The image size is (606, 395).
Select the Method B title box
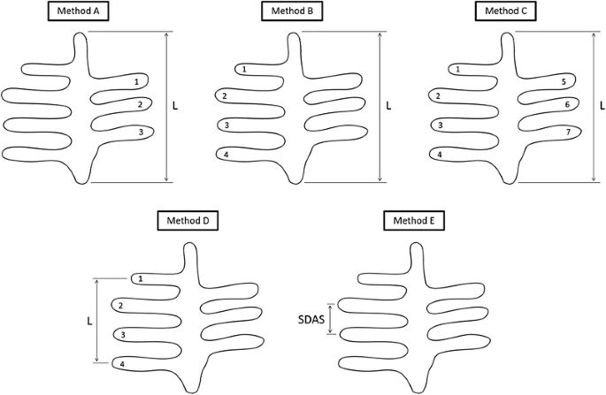(289, 11)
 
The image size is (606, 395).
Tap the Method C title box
(503, 11)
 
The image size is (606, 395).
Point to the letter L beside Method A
(175, 104)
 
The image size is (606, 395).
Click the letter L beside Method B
(389, 104)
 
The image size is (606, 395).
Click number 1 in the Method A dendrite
(136, 82)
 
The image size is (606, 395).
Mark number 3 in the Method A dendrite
(141, 133)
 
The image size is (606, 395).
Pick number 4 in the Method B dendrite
(227, 154)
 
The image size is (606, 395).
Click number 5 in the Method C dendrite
(564, 82)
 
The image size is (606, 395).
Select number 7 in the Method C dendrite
(567, 133)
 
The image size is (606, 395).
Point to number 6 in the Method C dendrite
(566, 104)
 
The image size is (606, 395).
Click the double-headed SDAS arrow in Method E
(331, 317)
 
